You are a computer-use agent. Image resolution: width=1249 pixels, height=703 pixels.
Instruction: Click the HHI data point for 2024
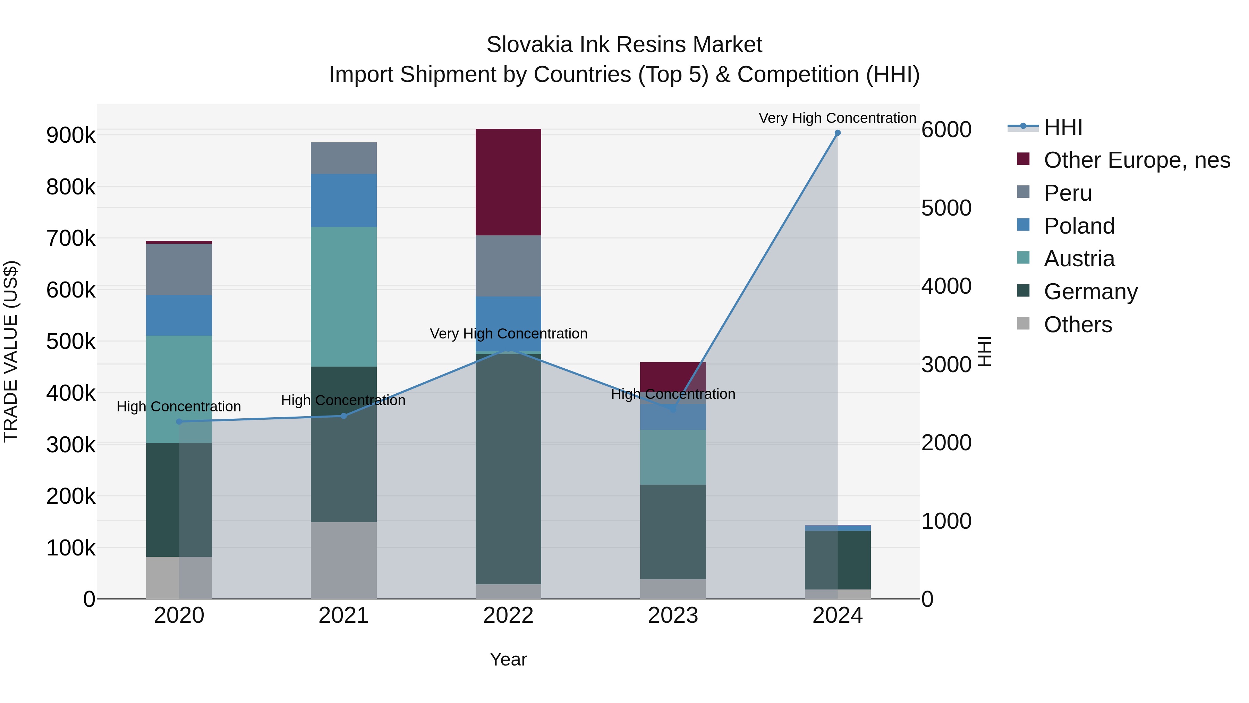(838, 133)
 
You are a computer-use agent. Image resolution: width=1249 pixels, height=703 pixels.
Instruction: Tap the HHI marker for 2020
(179, 421)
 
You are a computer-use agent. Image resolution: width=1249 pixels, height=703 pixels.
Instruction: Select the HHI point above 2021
(344, 416)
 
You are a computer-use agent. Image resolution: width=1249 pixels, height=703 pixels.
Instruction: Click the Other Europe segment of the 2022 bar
(508, 182)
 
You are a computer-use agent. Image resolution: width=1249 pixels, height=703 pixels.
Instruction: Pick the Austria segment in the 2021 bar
(344, 296)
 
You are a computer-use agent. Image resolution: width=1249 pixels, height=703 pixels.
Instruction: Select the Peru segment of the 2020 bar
(179, 269)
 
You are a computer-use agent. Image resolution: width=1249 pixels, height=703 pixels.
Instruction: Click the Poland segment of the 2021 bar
(344, 200)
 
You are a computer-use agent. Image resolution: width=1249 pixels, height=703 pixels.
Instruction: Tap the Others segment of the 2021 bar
(344, 560)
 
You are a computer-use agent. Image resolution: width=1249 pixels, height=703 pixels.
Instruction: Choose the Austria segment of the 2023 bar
(673, 457)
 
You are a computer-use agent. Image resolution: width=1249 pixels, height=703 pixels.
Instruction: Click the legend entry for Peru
(1067, 193)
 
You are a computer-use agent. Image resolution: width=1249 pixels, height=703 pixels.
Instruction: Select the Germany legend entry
(1090, 292)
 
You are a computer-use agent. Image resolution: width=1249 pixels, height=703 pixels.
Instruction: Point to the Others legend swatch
(1023, 324)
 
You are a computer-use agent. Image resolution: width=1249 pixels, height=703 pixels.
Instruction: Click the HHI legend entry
(1062, 127)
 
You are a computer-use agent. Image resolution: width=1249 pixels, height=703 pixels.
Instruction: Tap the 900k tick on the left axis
(71, 135)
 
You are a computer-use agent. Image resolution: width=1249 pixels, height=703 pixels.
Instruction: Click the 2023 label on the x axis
(673, 616)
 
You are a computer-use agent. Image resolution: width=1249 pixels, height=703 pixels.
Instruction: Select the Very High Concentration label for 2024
(838, 118)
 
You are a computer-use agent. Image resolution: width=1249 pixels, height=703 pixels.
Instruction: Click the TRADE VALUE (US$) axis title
(11, 351)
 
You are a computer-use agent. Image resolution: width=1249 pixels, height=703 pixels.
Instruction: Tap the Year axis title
(508, 659)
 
